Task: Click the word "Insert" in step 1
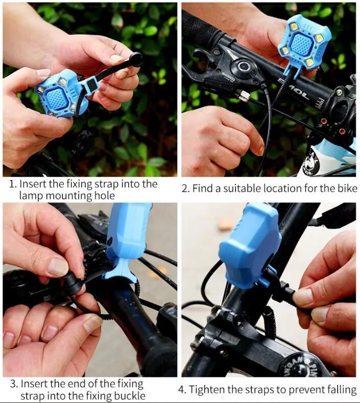point(33,184)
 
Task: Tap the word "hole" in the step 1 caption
point(105,196)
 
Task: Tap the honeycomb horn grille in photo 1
point(56,98)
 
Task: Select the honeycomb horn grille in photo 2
point(303,45)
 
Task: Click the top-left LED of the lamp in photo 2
point(294,26)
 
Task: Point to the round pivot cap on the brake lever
point(243,66)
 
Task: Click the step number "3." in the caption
point(14,384)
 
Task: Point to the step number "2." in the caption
point(186,189)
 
